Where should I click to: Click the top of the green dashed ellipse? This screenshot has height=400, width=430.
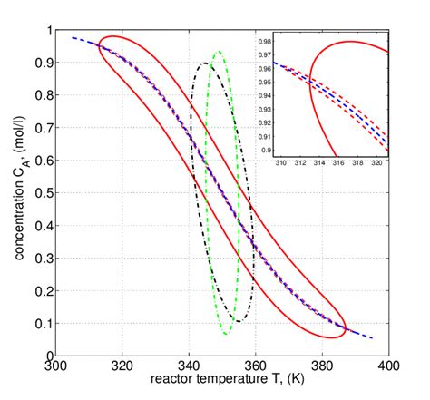[x=218, y=52]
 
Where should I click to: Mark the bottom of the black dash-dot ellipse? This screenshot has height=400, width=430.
[x=238, y=321]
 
